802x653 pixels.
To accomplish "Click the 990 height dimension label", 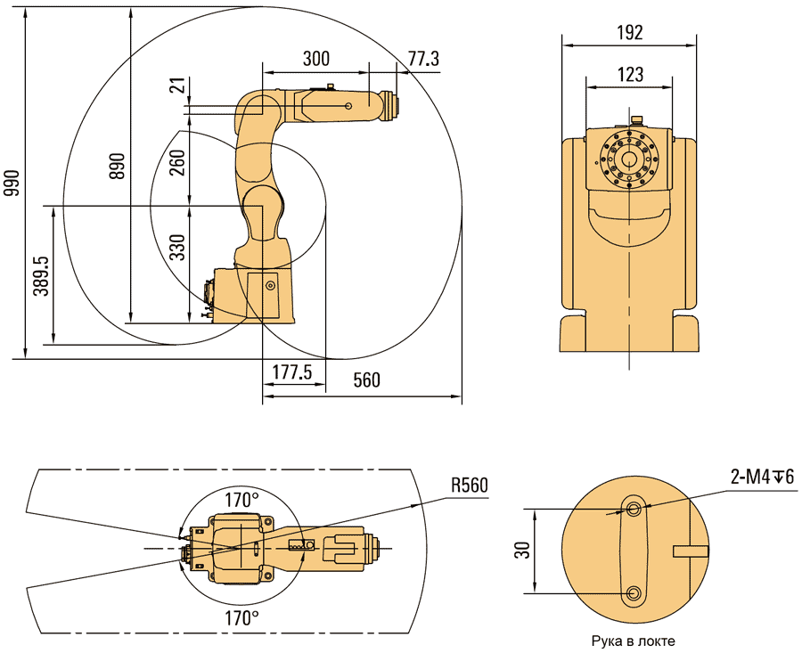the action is [x=12, y=183].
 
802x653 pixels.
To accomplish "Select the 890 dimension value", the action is [x=119, y=166].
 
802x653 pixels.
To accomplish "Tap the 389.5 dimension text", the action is [x=41, y=276].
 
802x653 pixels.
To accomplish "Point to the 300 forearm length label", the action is [x=316, y=59].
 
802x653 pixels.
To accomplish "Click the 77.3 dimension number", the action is [x=423, y=59].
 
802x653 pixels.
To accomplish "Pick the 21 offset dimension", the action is [x=177, y=86].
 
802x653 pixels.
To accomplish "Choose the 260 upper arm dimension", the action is [x=177, y=162].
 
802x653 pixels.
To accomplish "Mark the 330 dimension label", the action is [x=177, y=247].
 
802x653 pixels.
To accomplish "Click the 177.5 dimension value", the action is [x=292, y=372].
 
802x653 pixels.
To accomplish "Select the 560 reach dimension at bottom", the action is [x=367, y=380].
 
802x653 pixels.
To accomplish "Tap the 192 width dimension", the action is [x=630, y=32].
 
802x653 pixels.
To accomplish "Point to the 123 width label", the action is [x=630, y=74].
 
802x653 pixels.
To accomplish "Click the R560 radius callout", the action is [x=470, y=485].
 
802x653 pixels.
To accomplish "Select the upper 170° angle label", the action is [x=241, y=500].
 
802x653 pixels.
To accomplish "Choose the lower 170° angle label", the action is [x=241, y=618].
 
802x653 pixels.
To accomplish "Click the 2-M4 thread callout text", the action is [x=762, y=478].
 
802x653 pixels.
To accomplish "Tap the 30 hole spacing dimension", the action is [x=523, y=551].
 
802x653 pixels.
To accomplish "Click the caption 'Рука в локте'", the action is [x=634, y=641].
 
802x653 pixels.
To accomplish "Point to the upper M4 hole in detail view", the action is [x=634, y=509].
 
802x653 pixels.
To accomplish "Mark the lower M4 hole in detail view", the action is [x=634, y=592].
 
